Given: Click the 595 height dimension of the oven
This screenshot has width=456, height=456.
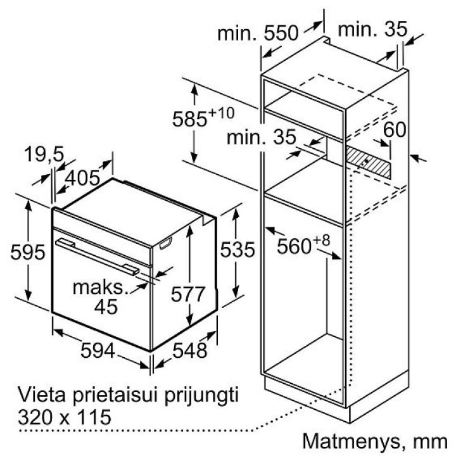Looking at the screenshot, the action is point(28,252).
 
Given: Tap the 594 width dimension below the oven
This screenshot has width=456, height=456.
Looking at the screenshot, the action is point(98,350).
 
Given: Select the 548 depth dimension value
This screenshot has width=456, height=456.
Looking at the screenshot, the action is point(189,350).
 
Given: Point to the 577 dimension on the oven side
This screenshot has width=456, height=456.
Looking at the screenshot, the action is point(188,294).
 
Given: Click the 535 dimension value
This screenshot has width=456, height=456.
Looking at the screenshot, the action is point(237,250).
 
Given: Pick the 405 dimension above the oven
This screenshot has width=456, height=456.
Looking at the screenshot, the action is point(82,178).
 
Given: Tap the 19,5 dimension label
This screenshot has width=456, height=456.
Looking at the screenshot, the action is point(44,153).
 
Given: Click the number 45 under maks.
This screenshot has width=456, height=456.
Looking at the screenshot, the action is point(106,307).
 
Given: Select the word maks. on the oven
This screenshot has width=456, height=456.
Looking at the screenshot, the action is point(101,288).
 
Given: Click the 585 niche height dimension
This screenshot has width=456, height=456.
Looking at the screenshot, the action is point(189,119).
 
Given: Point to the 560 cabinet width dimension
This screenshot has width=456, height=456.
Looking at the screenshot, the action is point(294,246).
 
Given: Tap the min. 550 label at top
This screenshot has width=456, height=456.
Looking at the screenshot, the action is point(258,33).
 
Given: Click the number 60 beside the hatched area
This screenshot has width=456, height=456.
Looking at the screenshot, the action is point(395,130).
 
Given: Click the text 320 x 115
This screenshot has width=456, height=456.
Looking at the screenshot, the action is point(65,417).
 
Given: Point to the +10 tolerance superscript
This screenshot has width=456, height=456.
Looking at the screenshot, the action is point(221,113).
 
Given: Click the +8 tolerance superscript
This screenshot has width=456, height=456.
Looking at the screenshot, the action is point(321,241).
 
